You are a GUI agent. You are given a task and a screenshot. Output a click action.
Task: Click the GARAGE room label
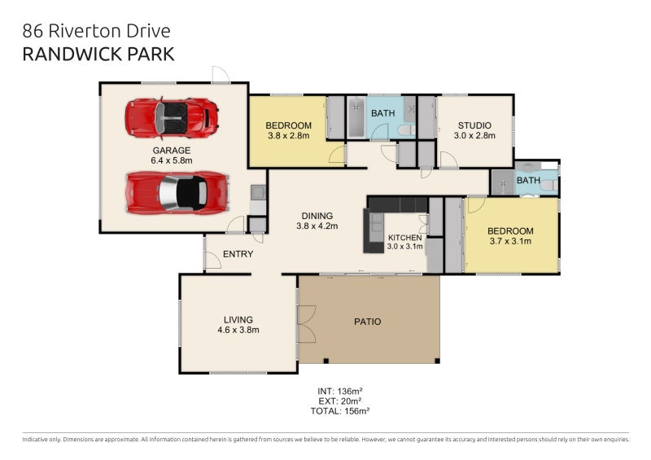[172, 151]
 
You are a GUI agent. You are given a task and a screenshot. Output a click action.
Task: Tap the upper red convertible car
[172, 118]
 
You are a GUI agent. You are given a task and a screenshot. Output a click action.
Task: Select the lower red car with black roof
[177, 193]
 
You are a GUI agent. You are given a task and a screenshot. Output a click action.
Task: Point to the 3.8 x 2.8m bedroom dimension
[289, 135]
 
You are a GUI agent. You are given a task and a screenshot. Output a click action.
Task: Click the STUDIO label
[474, 125]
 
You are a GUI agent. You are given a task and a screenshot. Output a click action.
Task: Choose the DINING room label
[317, 216]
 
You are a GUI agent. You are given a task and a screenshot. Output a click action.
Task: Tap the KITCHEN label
[404, 238]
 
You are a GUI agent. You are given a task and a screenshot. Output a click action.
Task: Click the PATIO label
[368, 322]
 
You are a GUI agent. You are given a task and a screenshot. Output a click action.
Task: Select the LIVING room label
[238, 320]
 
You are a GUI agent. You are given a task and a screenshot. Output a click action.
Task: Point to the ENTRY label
[238, 254]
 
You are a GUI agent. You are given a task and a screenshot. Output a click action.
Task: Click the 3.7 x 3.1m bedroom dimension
[510, 241]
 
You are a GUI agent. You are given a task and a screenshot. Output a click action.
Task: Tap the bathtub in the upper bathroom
[356, 117]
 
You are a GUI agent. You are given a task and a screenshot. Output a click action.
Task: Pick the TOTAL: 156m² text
[340, 411]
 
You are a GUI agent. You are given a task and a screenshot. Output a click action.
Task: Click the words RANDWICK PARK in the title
[98, 55]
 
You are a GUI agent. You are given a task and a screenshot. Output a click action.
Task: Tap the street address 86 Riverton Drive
[96, 31]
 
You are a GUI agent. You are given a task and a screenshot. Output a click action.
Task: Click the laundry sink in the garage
[258, 192]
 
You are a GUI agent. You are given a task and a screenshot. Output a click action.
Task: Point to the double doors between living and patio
[307, 324]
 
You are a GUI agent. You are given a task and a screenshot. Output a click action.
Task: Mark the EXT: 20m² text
[340, 401]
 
